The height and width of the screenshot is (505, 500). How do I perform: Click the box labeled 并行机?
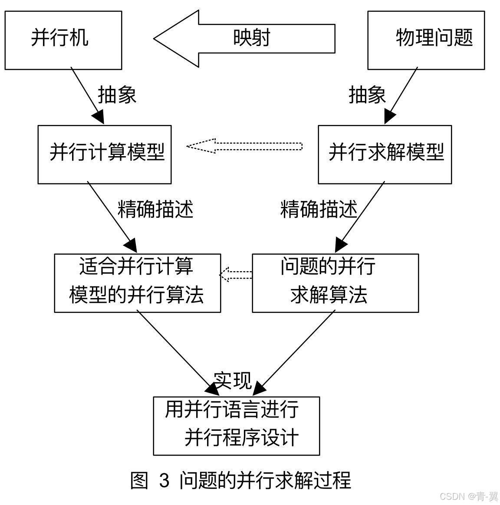pos(63,40)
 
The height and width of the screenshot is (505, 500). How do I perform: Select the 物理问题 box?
pos(426,40)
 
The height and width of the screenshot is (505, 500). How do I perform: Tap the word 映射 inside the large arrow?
pos(252,38)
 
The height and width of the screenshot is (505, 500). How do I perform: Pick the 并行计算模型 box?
pos(105,154)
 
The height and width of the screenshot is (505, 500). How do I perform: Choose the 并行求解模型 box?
pos(385,154)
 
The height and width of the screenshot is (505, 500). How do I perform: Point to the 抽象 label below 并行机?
pos(117,95)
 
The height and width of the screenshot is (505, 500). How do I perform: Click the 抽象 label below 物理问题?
pos(367,95)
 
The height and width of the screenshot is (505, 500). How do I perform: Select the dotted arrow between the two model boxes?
pos(244,146)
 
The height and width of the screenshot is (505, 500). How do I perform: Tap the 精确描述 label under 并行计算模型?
pos(155,210)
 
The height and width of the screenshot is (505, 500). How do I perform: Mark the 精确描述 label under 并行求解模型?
pos(319,210)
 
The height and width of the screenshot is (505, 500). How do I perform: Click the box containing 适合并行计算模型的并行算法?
pos(137,283)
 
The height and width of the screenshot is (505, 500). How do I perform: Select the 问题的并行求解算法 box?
pos(335,283)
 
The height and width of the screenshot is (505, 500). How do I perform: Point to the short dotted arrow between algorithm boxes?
pos(236,275)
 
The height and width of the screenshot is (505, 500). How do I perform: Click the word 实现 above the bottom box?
pos(233,380)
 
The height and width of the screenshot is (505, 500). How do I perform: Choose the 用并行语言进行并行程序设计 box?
pos(237,426)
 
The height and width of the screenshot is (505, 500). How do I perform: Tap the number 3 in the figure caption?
pos(164,481)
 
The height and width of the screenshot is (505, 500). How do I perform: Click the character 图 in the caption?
pos(140,481)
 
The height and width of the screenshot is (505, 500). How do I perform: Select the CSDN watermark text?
pos(469,496)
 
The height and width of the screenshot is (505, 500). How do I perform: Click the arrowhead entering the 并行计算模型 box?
pos(99,118)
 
